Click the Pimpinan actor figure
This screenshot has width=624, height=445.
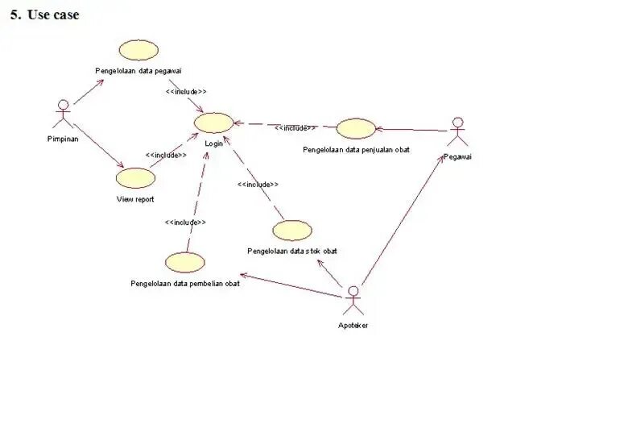[62, 114]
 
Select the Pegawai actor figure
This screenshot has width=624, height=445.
[457, 132]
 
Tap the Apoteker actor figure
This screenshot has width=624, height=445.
[353, 302]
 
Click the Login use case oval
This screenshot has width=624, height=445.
[214, 123]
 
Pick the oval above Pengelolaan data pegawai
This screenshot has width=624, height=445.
[138, 49]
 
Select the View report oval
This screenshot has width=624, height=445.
[134, 178]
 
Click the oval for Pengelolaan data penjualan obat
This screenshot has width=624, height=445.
[355, 129]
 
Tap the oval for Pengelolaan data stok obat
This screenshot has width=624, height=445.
[291, 231]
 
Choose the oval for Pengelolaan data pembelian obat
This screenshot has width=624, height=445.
[184, 263]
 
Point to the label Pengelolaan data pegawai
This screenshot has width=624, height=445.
[138, 72]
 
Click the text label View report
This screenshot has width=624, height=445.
[134, 199]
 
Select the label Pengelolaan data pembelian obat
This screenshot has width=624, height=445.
[184, 284]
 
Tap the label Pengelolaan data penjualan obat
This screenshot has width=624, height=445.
[356, 149]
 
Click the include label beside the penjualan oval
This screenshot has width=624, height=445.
[294, 127]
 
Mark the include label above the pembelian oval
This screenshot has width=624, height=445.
[185, 222]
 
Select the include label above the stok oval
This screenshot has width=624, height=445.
[258, 185]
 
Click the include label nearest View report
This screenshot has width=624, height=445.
[166, 155]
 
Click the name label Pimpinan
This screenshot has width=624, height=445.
[62, 138]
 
